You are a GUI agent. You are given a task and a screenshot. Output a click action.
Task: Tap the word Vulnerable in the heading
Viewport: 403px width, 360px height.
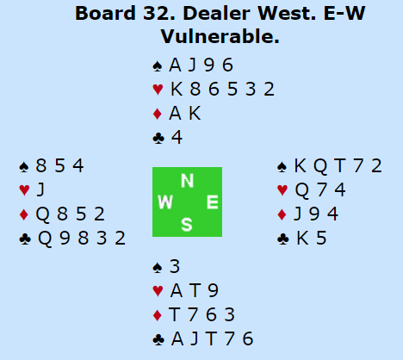pos(220,37)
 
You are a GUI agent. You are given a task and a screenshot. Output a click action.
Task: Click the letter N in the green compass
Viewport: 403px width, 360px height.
pos(187,181)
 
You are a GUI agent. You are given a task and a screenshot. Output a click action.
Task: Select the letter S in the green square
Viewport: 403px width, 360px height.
pos(187,225)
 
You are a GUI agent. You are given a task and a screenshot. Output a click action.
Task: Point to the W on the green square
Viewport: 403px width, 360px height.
pos(165,202)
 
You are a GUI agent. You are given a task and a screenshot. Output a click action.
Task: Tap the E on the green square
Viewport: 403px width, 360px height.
pos(213,202)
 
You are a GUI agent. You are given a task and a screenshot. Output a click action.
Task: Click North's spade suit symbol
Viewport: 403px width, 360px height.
pos(158,66)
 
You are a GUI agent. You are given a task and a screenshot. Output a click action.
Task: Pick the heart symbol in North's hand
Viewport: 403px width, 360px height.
pos(158,90)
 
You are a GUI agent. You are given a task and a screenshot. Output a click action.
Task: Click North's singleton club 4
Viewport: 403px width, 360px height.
pos(177,137)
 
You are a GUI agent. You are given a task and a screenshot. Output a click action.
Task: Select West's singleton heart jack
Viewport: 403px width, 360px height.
pos(40,190)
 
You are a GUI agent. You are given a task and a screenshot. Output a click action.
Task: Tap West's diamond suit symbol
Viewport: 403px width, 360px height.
pos(24,214)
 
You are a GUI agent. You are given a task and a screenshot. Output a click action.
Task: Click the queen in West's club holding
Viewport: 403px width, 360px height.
pos(45,239)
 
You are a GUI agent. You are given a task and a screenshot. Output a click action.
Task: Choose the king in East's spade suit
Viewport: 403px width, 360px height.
pos(301,165)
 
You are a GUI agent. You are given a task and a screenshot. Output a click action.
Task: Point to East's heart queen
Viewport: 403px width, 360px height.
pos(302,190)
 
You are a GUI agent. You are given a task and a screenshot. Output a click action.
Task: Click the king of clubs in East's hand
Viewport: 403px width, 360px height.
pos(302,239)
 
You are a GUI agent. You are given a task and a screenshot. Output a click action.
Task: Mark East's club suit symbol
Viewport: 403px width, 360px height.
pos(283,239)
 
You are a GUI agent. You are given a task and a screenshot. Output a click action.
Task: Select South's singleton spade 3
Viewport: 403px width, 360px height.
pos(175,267)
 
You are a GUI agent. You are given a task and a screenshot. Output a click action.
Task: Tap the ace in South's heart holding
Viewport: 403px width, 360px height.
pos(177,291)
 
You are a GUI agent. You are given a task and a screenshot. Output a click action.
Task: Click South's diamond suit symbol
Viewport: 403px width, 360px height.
pos(158,315)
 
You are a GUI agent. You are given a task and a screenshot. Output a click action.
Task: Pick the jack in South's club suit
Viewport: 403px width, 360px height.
pos(195,339)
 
